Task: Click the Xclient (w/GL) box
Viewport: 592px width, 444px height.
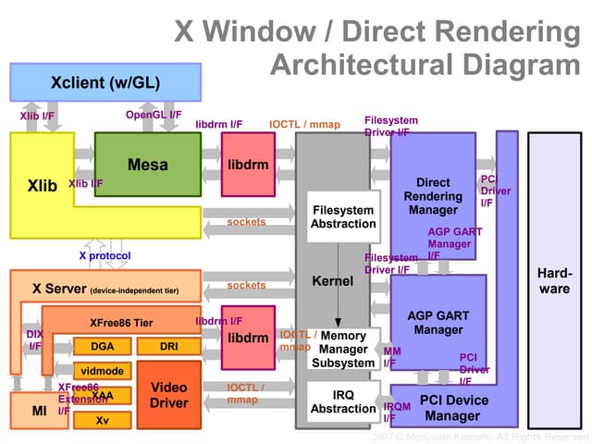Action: tap(105, 82)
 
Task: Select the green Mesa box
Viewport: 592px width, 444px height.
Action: tap(148, 165)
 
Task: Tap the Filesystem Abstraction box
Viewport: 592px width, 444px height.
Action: tap(343, 216)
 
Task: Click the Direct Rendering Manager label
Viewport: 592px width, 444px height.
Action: tap(433, 196)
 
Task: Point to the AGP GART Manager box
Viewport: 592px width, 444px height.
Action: tap(438, 323)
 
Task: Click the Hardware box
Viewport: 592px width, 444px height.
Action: tap(554, 281)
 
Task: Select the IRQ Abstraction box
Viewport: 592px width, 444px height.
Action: tap(343, 401)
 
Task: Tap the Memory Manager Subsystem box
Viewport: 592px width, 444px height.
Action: tap(343, 350)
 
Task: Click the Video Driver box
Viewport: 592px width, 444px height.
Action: tap(168, 395)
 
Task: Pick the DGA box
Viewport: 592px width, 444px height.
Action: tap(103, 347)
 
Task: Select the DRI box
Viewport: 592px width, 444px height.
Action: tap(168, 347)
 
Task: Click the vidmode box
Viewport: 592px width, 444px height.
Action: tap(102, 371)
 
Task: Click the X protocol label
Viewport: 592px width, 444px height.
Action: tap(105, 255)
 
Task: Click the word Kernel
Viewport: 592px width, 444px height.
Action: tap(332, 279)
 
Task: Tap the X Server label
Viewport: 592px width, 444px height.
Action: tap(59, 289)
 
